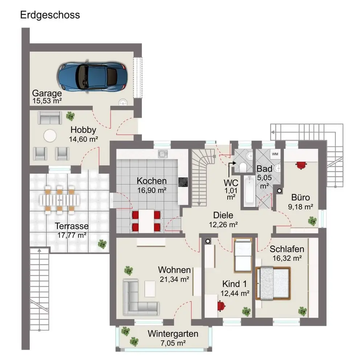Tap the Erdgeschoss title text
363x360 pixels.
tap(50, 15)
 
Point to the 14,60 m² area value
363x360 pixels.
tap(83, 138)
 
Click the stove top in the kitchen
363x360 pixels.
tap(182, 182)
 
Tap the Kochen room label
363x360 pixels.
tap(152, 181)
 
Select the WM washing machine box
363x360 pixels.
tap(275, 154)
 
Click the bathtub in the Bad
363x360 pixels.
tap(249, 190)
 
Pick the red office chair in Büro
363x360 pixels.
tap(301, 165)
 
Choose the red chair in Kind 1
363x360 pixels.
tap(220, 306)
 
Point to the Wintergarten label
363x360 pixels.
tap(173, 334)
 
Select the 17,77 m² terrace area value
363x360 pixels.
tap(72, 235)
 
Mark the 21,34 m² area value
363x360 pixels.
tap(174, 279)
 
